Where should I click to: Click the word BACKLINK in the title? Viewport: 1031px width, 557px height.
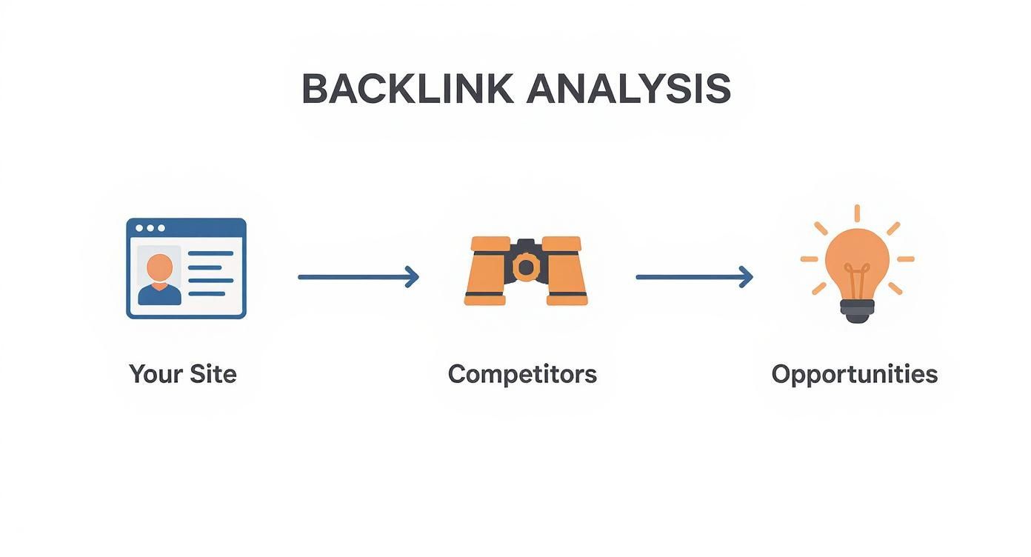407,89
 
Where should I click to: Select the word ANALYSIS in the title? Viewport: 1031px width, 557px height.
629,89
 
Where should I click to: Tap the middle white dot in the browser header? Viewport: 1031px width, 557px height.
150,228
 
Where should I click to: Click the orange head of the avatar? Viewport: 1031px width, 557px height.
159,266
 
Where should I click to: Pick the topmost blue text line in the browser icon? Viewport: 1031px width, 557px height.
210,253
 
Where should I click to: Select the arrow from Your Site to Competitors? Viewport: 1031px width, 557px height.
358,277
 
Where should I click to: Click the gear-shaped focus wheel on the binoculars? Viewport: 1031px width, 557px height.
526,267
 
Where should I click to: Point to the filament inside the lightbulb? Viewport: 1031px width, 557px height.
857,281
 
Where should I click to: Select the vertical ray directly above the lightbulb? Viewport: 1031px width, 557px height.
857,213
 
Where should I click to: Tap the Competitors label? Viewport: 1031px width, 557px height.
522,373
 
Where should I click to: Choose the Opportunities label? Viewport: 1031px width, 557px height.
855,373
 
